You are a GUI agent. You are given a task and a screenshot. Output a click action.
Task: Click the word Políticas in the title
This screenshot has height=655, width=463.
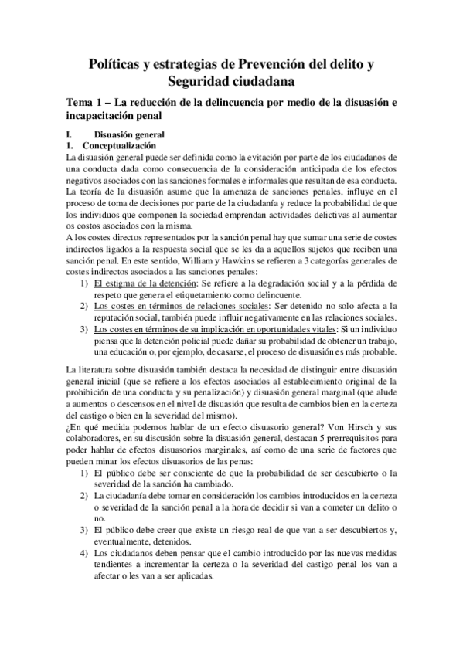(116, 65)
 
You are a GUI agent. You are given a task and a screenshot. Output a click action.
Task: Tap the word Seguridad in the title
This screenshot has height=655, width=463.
(201, 81)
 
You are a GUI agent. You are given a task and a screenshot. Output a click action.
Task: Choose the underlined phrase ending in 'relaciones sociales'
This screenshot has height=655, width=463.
(182, 285)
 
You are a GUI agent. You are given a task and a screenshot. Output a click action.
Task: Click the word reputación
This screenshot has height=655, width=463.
(117, 297)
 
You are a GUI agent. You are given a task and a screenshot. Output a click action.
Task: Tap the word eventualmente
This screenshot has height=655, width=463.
(125, 541)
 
